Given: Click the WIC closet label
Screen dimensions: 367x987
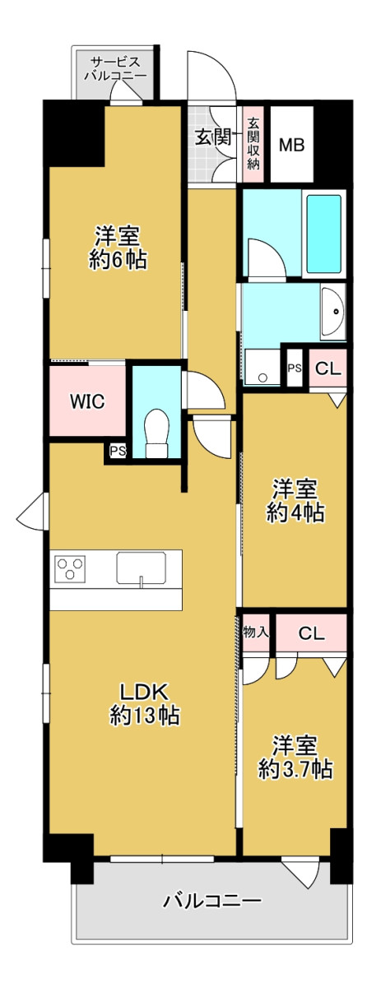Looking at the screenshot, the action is pyautogui.click(x=87, y=401).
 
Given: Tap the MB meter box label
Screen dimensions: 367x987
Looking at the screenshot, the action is pyautogui.click(x=291, y=145).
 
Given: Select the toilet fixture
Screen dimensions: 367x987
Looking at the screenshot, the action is pyautogui.click(x=156, y=433).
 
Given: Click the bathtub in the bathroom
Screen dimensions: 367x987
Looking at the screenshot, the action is pyautogui.click(x=324, y=234).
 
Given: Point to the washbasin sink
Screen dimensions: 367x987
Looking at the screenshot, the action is pyautogui.click(x=333, y=312).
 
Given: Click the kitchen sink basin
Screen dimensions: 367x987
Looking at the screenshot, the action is pyautogui.click(x=142, y=568).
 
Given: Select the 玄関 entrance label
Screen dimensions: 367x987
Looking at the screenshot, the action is pyautogui.click(x=213, y=138).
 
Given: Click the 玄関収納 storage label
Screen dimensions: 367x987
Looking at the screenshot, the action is pyautogui.click(x=253, y=144).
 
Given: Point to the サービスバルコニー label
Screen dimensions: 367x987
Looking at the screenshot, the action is pyautogui.click(x=115, y=68).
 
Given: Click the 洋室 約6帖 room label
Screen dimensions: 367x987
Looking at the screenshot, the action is pyautogui.click(x=118, y=248).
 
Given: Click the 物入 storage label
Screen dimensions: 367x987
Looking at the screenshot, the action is pyautogui.click(x=256, y=633).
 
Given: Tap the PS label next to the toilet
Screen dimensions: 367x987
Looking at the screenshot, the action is pyautogui.click(x=118, y=451).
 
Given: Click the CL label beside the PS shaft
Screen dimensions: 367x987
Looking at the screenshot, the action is pyautogui.click(x=328, y=368).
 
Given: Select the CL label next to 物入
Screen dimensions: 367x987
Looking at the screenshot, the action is pyautogui.click(x=311, y=633).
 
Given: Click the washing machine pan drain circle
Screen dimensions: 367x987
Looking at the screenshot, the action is pyautogui.click(x=263, y=378).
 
